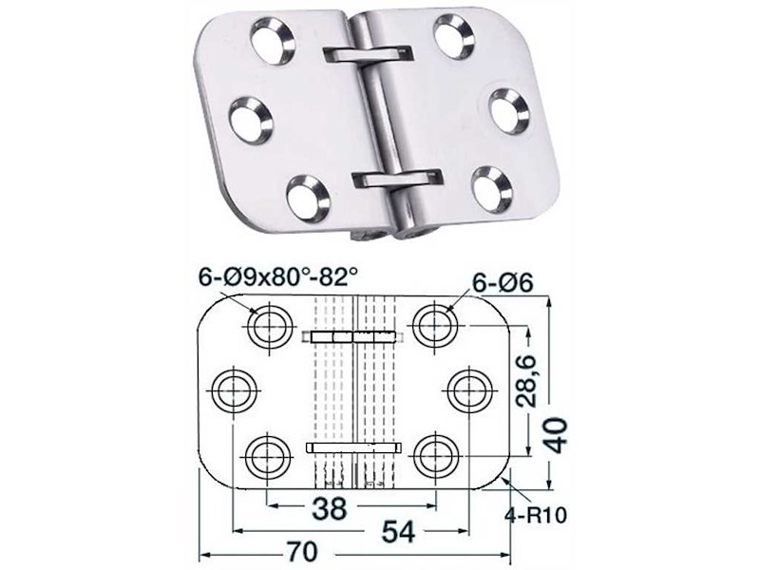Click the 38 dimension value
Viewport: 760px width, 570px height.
point(330,508)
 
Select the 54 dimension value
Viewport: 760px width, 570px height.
point(398,532)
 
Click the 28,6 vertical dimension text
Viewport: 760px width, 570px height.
point(525,381)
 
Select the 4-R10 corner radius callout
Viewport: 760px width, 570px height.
point(536,516)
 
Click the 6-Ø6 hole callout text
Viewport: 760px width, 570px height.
point(503,282)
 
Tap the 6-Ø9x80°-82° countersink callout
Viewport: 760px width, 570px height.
point(278,277)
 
